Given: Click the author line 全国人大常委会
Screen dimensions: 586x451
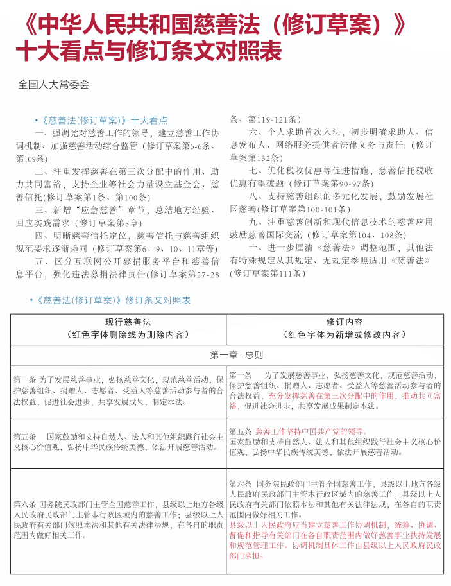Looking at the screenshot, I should click(x=54, y=84).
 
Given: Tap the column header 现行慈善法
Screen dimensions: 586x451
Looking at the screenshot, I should click(x=119, y=322).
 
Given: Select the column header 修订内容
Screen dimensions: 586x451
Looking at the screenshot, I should click(x=345, y=322).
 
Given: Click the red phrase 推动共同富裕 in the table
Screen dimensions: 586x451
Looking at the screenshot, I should click(x=421, y=396).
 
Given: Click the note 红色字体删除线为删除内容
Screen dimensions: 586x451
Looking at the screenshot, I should click(x=119, y=334).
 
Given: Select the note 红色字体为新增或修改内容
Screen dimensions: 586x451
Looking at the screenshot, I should click(x=345, y=334).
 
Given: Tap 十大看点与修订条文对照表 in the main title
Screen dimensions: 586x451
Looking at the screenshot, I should click(x=148, y=49).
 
